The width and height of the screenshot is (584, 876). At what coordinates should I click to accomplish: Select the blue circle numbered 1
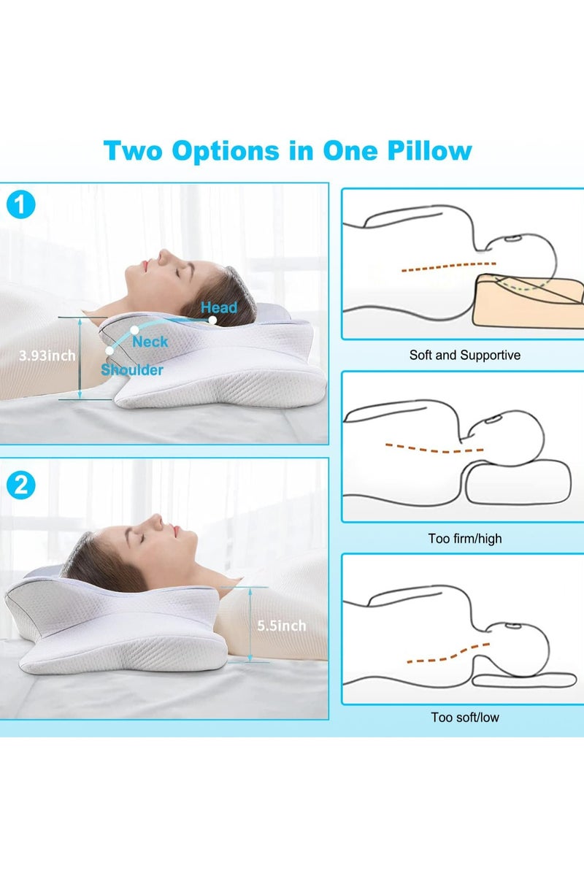[x=20, y=204]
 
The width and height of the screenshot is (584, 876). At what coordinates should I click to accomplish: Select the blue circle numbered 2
[x=20, y=484]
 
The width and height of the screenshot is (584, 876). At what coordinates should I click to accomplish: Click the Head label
[x=219, y=307]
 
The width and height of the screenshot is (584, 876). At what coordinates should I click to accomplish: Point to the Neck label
[x=150, y=341]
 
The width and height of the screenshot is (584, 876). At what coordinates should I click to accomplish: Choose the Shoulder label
[x=132, y=369]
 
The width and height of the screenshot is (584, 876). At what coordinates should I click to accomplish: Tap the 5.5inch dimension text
[x=282, y=626]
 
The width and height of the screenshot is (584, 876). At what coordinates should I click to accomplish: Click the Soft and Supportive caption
[x=465, y=356]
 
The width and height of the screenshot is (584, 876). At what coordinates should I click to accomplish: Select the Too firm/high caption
[x=465, y=539]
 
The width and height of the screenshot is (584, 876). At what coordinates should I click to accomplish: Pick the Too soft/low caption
[x=465, y=717]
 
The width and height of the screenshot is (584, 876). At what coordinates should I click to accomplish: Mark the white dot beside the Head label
[x=212, y=320]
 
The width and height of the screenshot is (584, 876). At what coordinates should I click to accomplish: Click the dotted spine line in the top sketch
[x=447, y=267]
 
